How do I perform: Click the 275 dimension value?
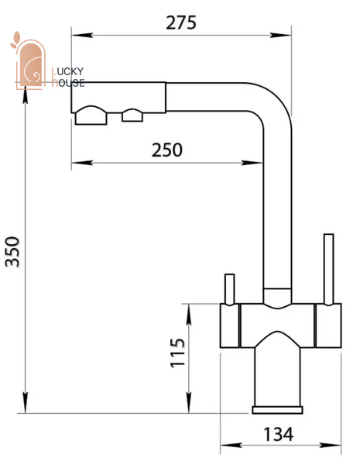point(181,22)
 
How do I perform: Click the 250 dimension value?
point(167,150)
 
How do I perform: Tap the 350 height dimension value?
point(12,252)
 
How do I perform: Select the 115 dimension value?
point(177,353)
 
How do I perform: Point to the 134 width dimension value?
point(278,435)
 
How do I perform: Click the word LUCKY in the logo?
point(67,71)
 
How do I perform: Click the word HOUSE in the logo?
point(68,83)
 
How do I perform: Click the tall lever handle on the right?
point(328,269)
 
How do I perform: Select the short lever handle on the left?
point(230,289)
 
